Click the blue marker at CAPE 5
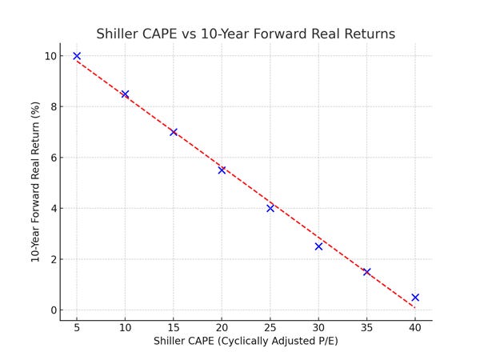click(x=77, y=56)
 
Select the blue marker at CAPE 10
click(x=125, y=94)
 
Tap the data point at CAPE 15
click(x=174, y=132)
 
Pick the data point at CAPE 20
click(x=222, y=170)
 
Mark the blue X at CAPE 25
click(x=270, y=208)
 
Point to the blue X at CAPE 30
click(x=318, y=246)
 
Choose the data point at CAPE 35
click(x=366, y=272)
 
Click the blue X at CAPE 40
click(x=415, y=298)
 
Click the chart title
click(x=246, y=34)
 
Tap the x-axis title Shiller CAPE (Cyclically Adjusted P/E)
click(x=246, y=342)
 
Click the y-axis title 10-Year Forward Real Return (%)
click(x=36, y=182)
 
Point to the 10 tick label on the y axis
click(x=50, y=56)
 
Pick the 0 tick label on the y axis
click(x=53, y=310)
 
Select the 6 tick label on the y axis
click(x=53, y=158)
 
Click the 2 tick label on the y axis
click(x=53, y=259)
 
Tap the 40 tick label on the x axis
click(x=415, y=327)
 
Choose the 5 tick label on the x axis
click(x=77, y=327)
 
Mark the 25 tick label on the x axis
click(x=270, y=327)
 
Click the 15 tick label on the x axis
click(x=174, y=327)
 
